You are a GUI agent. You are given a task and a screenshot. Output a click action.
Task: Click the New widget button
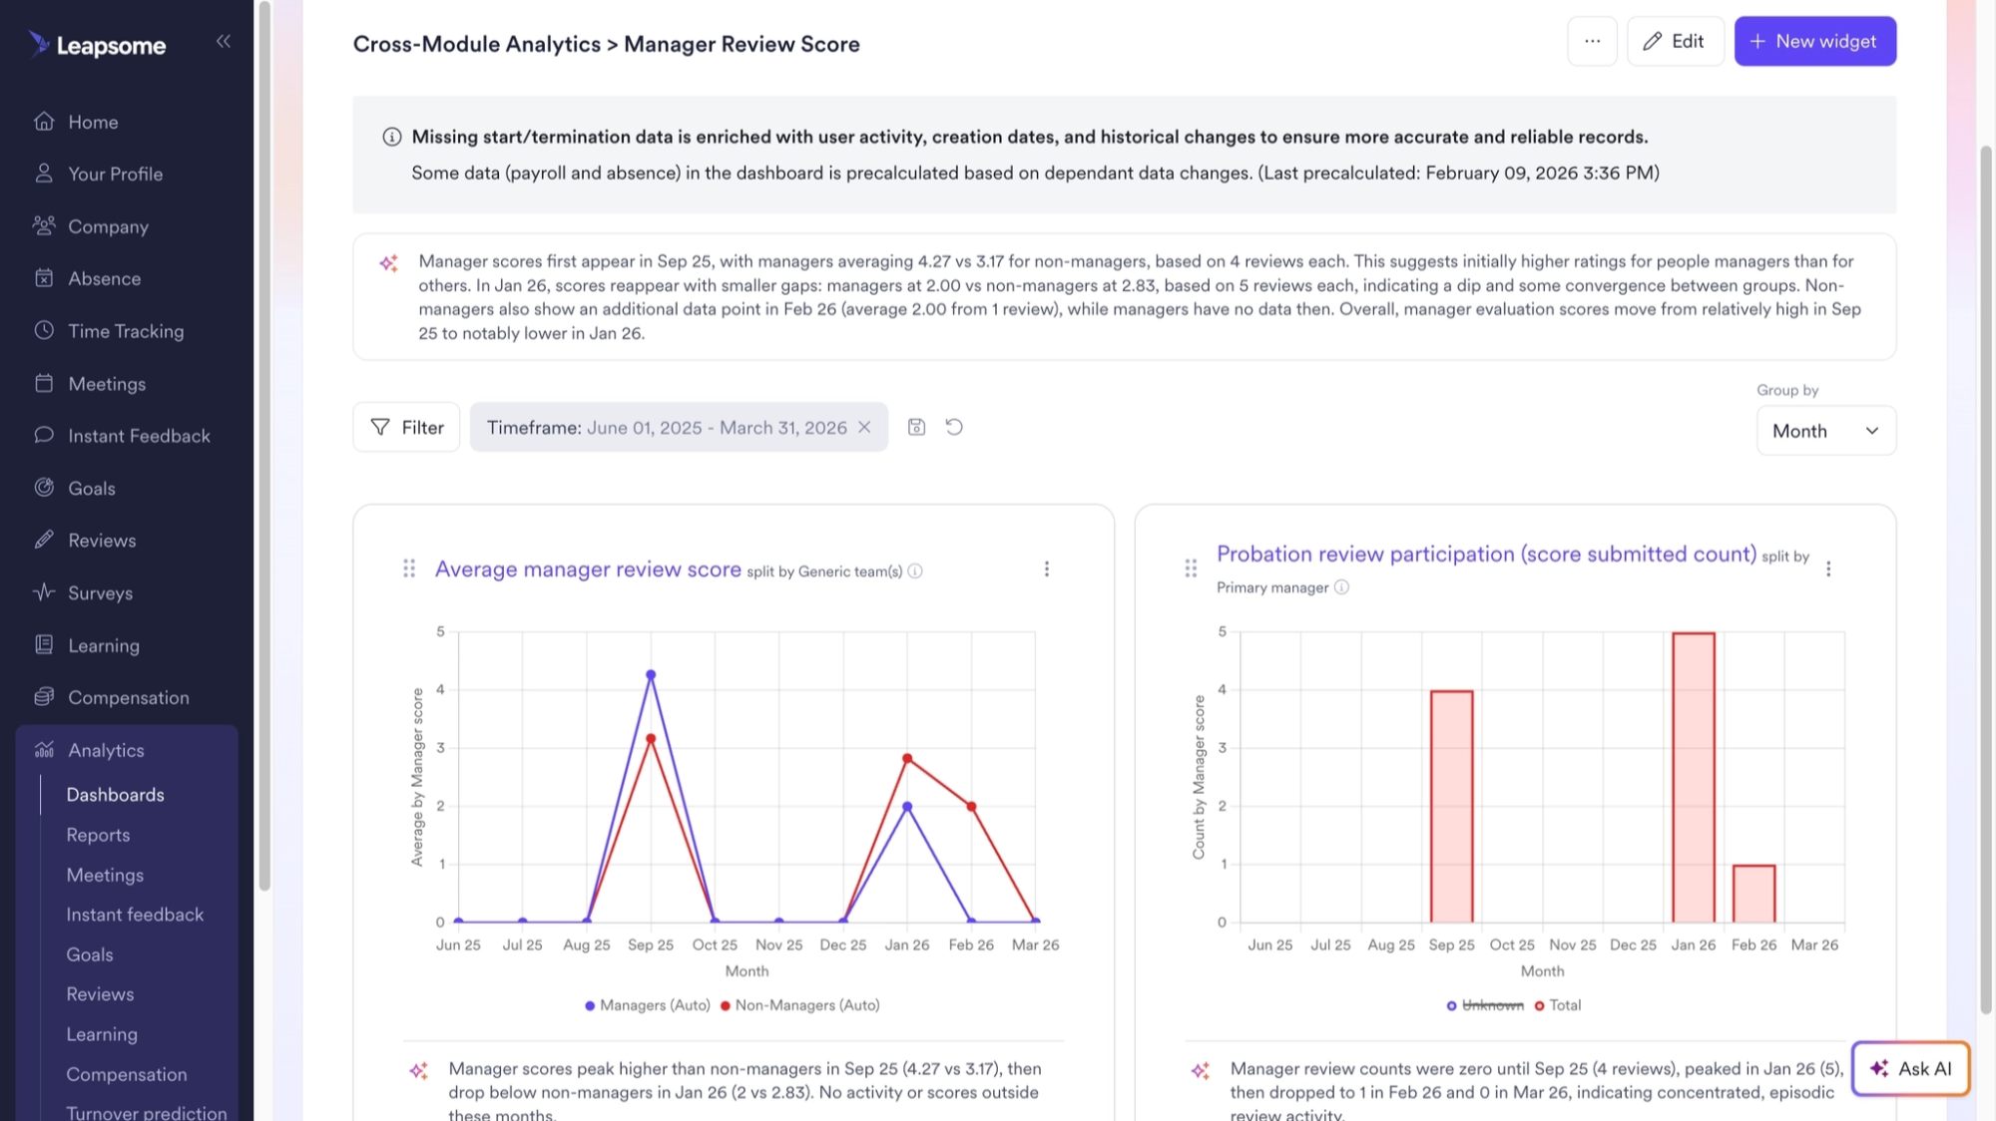coord(1814,42)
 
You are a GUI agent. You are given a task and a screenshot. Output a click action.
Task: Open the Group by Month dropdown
coord(1825,431)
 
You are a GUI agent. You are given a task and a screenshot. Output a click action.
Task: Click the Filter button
coord(406,428)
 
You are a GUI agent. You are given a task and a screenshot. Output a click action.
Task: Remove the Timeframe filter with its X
coord(864,428)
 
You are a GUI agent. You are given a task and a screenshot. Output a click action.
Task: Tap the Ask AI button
coord(1910,1069)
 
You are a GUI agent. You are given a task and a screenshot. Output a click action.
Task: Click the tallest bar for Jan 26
coord(1694,778)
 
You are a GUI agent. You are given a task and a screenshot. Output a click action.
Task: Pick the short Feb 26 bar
coord(1753,894)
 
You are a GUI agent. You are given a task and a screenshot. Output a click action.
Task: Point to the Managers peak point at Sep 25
coord(651,675)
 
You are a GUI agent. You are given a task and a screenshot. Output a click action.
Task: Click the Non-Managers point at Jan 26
coord(907,759)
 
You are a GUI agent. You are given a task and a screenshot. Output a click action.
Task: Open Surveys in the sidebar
coord(100,593)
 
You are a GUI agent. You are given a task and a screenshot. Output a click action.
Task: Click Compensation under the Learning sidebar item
coord(128,698)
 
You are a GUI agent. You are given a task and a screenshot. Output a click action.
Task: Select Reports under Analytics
coord(98,836)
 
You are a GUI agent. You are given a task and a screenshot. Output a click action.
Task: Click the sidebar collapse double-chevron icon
coord(224,41)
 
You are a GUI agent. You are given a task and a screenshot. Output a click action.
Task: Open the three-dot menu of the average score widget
coord(1046,568)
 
